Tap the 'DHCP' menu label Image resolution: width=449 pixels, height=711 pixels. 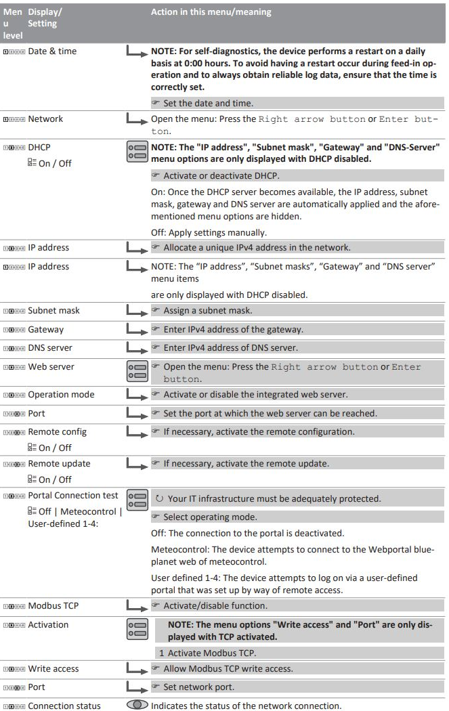tap(39, 146)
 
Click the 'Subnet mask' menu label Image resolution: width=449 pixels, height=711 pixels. tap(53, 311)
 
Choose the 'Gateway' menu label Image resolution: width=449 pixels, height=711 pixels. tap(45, 329)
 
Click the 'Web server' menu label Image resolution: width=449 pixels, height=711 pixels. tap(51, 366)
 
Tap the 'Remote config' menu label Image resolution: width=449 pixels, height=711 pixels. tap(57, 431)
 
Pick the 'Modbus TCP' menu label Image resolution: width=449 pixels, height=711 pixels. tap(54, 606)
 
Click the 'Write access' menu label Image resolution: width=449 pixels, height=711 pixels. tap(53, 669)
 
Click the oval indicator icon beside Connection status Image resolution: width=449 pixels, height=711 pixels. tap(137, 704)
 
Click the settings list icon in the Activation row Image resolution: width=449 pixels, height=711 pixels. tap(137, 630)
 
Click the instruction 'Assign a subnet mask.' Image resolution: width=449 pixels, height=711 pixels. tap(203, 311)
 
